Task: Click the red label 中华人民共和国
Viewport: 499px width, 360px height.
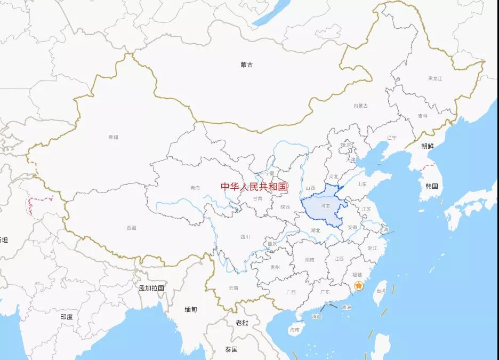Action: (254, 187)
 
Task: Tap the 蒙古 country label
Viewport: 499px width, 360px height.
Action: (246, 65)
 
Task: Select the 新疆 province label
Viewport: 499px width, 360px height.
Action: (114, 137)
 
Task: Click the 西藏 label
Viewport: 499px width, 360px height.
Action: (132, 228)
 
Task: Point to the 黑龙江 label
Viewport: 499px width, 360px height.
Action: (435, 78)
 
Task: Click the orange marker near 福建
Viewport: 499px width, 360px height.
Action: (359, 285)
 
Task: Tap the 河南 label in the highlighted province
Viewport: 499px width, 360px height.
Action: (325, 205)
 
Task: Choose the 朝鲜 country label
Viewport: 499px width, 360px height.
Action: (427, 146)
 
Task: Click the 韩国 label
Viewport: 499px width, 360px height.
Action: (431, 186)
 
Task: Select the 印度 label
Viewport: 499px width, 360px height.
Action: (66, 317)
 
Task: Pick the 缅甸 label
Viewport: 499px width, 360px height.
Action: (190, 309)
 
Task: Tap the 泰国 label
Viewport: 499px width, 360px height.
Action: (231, 349)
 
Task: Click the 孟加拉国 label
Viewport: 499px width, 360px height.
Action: (151, 288)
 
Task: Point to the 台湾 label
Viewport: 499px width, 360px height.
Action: (381, 291)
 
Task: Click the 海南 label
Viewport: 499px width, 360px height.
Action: (295, 330)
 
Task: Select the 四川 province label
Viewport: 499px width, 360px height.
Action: (245, 237)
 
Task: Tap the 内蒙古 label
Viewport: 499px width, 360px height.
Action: (360, 106)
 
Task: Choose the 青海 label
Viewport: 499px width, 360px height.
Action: (195, 188)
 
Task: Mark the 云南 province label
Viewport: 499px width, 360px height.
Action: (234, 288)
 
